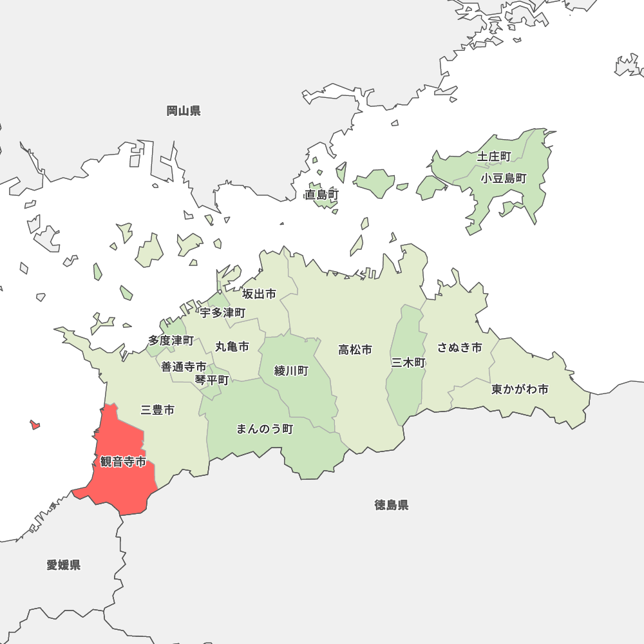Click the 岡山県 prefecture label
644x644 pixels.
pyautogui.click(x=184, y=111)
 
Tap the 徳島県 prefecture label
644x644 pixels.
pyautogui.click(x=392, y=505)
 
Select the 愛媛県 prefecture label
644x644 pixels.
pyautogui.click(x=64, y=565)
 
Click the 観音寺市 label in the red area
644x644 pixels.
pyautogui.click(x=123, y=462)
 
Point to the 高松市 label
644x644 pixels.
pyautogui.click(x=355, y=350)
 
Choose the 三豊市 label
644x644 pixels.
pyautogui.click(x=157, y=410)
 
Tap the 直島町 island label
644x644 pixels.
pyautogui.click(x=322, y=194)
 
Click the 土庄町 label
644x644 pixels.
pyautogui.click(x=494, y=156)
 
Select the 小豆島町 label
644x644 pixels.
pyautogui.click(x=504, y=178)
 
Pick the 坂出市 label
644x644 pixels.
pyautogui.click(x=259, y=294)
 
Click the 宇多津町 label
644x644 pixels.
pyautogui.click(x=223, y=313)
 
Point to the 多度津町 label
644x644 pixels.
pyautogui.click(x=171, y=339)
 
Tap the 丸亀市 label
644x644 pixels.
pyautogui.click(x=232, y=346)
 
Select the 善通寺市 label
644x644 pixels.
pyautogui.click(x=184, y=366)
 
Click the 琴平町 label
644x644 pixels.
pyautogui.click(x=212, y=380)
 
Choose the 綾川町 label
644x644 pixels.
pyautogui.click(x=291, y=370)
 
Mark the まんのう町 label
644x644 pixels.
pyautogui.click(x=265, y=428)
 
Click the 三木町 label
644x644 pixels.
pyautogui.click(x=408, y=363)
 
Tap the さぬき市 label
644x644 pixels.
pyautogui.click(x=460, y=348)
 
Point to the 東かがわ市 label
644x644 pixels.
pyautogui.click(x=520, y=389)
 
